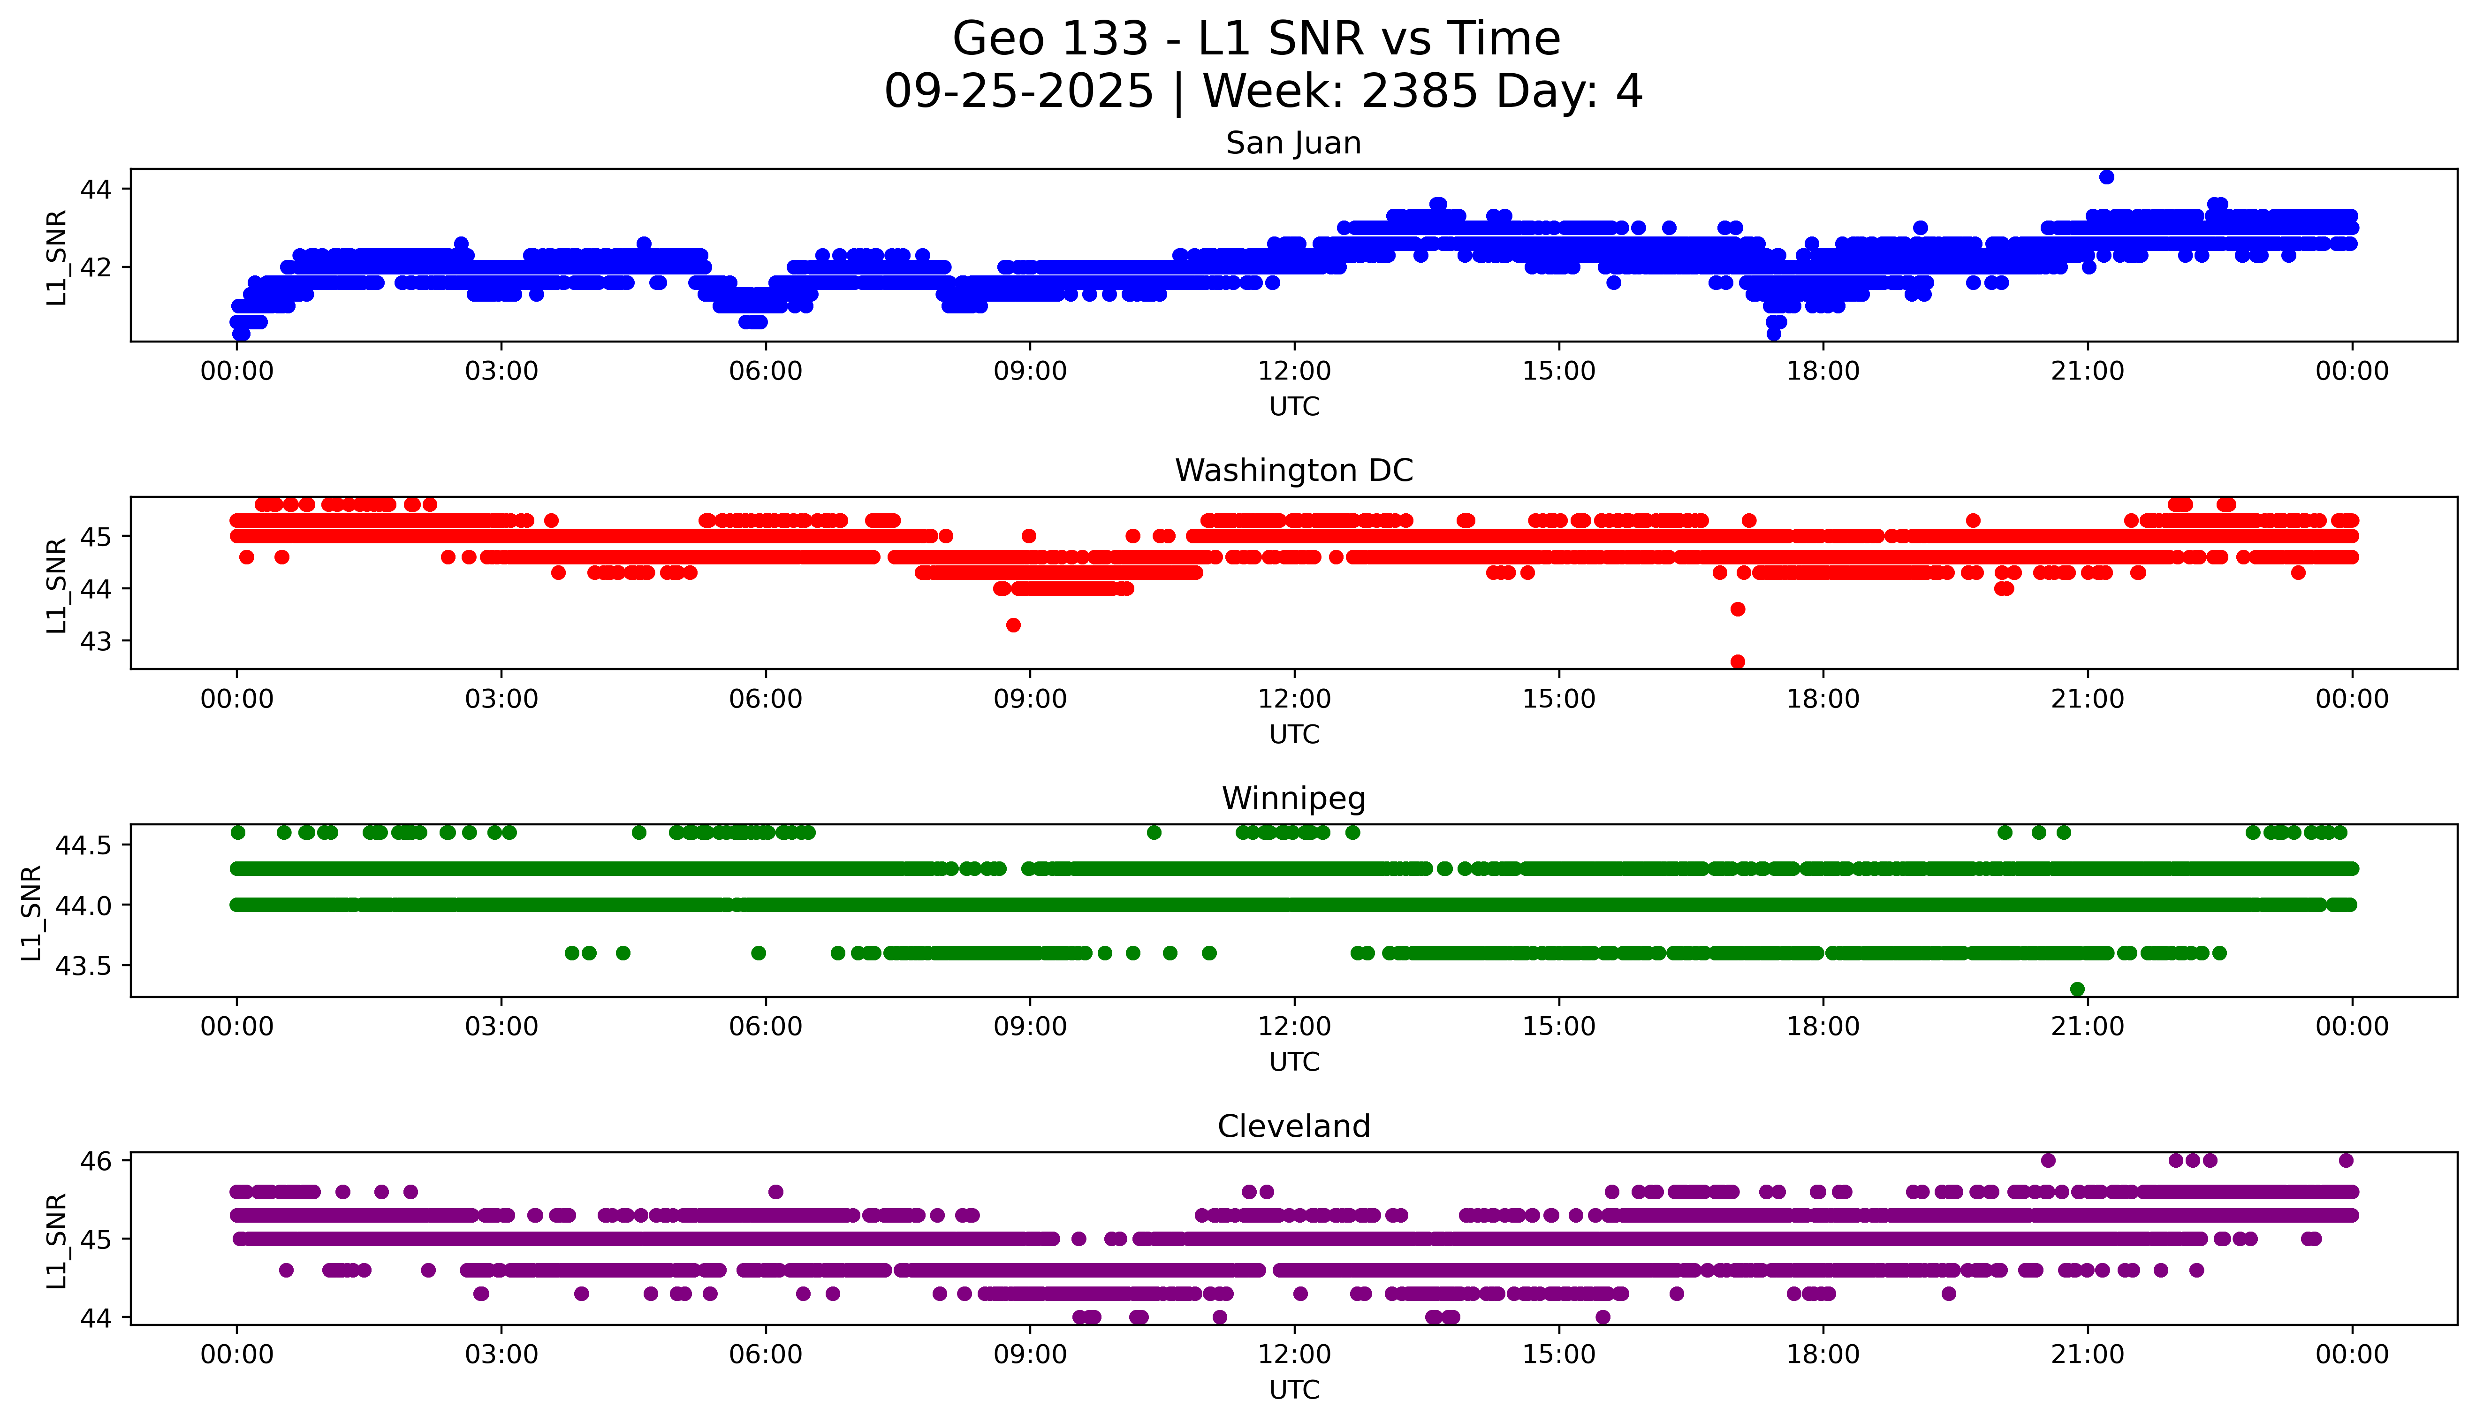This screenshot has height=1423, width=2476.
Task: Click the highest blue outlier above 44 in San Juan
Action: [x=2107, y=177]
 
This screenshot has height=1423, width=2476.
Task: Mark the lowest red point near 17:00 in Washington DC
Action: [x=1737, y=662]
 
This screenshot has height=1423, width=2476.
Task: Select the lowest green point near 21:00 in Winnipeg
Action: [x=2077, y=989]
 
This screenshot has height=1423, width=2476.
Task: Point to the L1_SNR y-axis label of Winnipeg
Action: [x=31, y=912]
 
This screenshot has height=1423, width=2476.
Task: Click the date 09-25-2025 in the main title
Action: [x=1018, y=92]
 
